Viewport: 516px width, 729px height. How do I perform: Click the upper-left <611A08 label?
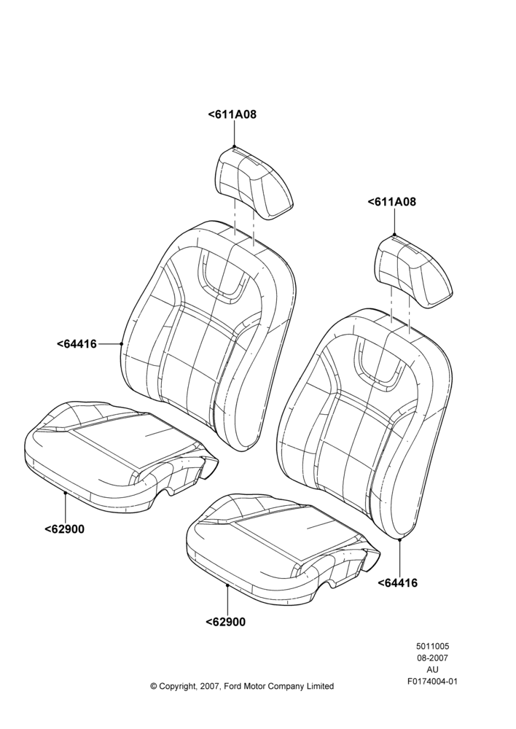[x=232, y=114]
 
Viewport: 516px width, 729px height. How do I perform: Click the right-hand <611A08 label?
[x=392, y=202]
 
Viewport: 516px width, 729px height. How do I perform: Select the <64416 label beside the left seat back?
[x=77, y=344]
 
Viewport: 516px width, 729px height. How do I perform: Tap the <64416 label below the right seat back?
[x=397, y=582]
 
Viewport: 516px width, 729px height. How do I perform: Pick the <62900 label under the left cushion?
[x=65, y=529]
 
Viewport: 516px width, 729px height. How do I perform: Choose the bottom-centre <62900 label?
[x=225, y=622]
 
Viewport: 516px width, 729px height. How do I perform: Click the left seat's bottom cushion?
[x=121, y=457]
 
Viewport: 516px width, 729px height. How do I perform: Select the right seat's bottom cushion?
[x=283, y=549]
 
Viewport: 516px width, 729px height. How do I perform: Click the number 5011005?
[x=432, y=646]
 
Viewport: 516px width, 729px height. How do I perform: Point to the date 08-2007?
[x=432, y=658]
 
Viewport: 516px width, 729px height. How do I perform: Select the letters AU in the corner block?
[x=432, y=669]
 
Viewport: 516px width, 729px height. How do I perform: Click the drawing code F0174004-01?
[x=432, y=682]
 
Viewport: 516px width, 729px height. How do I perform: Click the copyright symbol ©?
[x=153, y=686]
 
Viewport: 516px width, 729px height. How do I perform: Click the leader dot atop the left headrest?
[x=234, y=147]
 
